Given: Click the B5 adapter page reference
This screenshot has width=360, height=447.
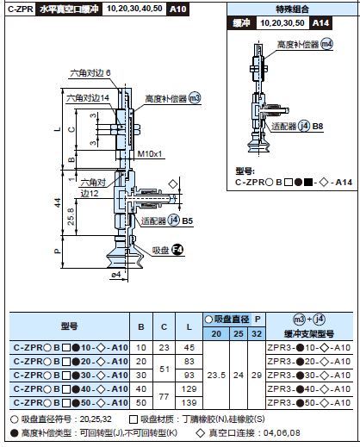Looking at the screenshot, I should [x=189, y=220].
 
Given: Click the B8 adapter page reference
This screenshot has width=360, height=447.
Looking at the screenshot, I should [x=318, y=127].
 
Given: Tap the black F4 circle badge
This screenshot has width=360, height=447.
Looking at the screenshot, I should [x=177, y=250].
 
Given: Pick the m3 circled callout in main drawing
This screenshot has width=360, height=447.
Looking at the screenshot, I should [x=194, y=98].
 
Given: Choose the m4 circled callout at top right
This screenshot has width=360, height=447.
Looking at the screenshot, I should [x=326, y=43].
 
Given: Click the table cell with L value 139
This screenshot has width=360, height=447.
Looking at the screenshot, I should [x=189, y=402].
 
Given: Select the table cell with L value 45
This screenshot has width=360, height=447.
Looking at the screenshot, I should [x=189, y=347].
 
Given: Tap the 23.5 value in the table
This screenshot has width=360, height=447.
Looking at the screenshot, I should [x=217, y=375].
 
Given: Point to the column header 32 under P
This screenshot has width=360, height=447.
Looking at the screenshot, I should [x=256, y=333].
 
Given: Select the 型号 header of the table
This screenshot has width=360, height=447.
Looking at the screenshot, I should [x=69, y=326].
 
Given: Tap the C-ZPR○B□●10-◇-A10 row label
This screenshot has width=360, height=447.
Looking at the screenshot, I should [x=69, y=347].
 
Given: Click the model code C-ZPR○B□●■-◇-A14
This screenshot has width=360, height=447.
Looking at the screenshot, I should [x=295, y=182].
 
